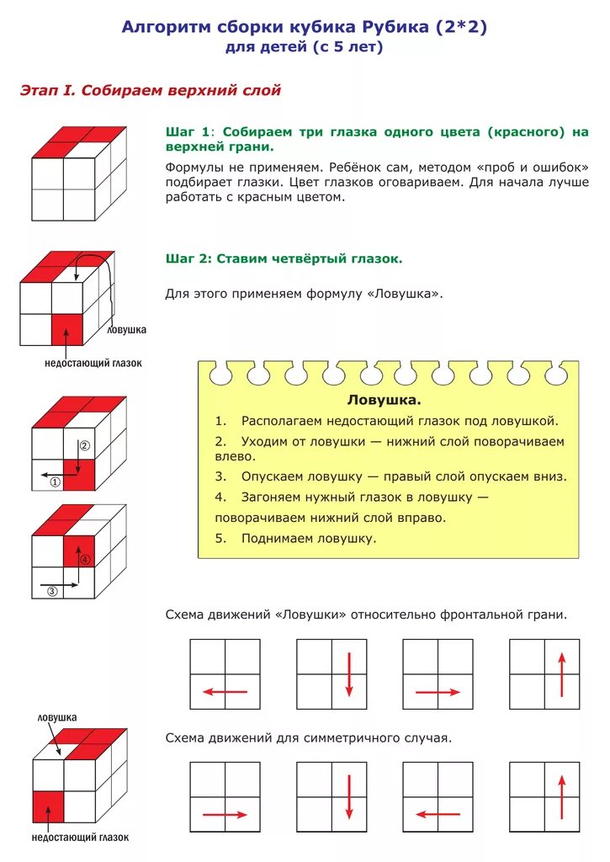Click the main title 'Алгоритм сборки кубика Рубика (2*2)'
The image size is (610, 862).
[305, 27]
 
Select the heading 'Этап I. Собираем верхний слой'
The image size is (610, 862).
[150, 90]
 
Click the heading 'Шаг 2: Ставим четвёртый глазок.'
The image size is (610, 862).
[284, 259]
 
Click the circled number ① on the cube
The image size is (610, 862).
[55, 482]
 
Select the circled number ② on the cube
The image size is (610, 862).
[84, 445]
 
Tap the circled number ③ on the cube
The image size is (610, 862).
[51, 591]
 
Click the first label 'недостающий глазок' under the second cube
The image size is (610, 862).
[93, 364]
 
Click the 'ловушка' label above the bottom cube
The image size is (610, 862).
[57, 717]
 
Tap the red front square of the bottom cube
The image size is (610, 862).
[48, 806]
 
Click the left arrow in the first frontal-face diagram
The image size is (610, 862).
[225, 692]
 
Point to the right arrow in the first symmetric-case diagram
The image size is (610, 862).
[225, 814]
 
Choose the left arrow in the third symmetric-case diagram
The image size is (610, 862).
[438, 814]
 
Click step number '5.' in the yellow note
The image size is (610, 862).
[220, 538]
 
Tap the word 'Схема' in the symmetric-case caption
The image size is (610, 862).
[186, 738]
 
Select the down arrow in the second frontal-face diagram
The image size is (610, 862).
[348, 673]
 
